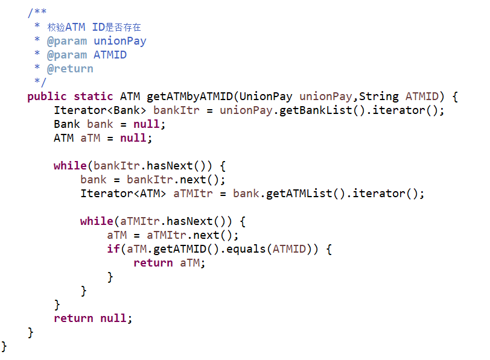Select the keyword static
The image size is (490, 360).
click(94, 96)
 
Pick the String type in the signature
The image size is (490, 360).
click(379, 96)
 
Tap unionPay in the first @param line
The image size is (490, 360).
click(120, 41)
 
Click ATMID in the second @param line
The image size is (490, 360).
click(110, 55)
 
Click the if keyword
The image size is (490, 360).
click(113, 249)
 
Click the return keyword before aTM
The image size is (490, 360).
click(153, 263)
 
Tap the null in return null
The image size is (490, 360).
click(113, 318)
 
